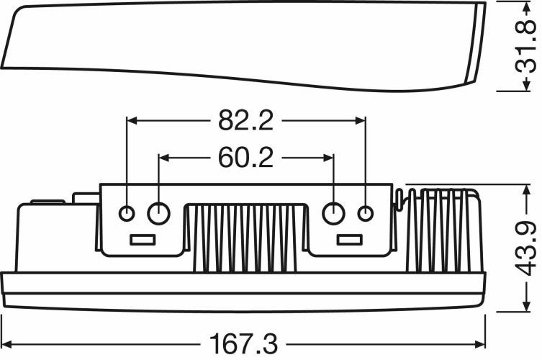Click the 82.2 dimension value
point(245,120)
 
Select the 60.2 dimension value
point(245,158)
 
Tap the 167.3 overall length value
point(243,344)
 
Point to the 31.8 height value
point(525,47)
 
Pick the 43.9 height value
point(525,248)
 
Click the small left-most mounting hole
point(127,213)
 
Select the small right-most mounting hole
point(366,213)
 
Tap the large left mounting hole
point(158,213)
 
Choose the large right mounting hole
point(333,213)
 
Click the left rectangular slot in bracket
point(143,240)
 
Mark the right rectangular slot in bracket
point(350,240)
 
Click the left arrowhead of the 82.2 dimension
point(132,120)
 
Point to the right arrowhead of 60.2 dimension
point(328,158)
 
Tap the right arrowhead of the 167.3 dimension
point(480,344)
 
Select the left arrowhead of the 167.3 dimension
point(7,344)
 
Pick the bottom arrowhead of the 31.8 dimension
point(525,85)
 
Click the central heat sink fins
point(245,238)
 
